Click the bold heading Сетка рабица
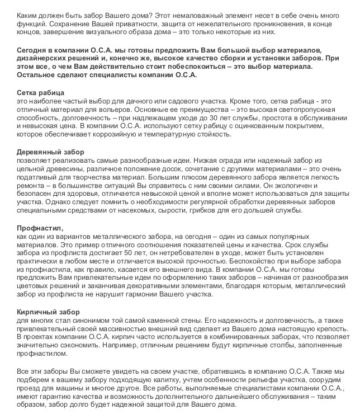(x=41, y=92)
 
